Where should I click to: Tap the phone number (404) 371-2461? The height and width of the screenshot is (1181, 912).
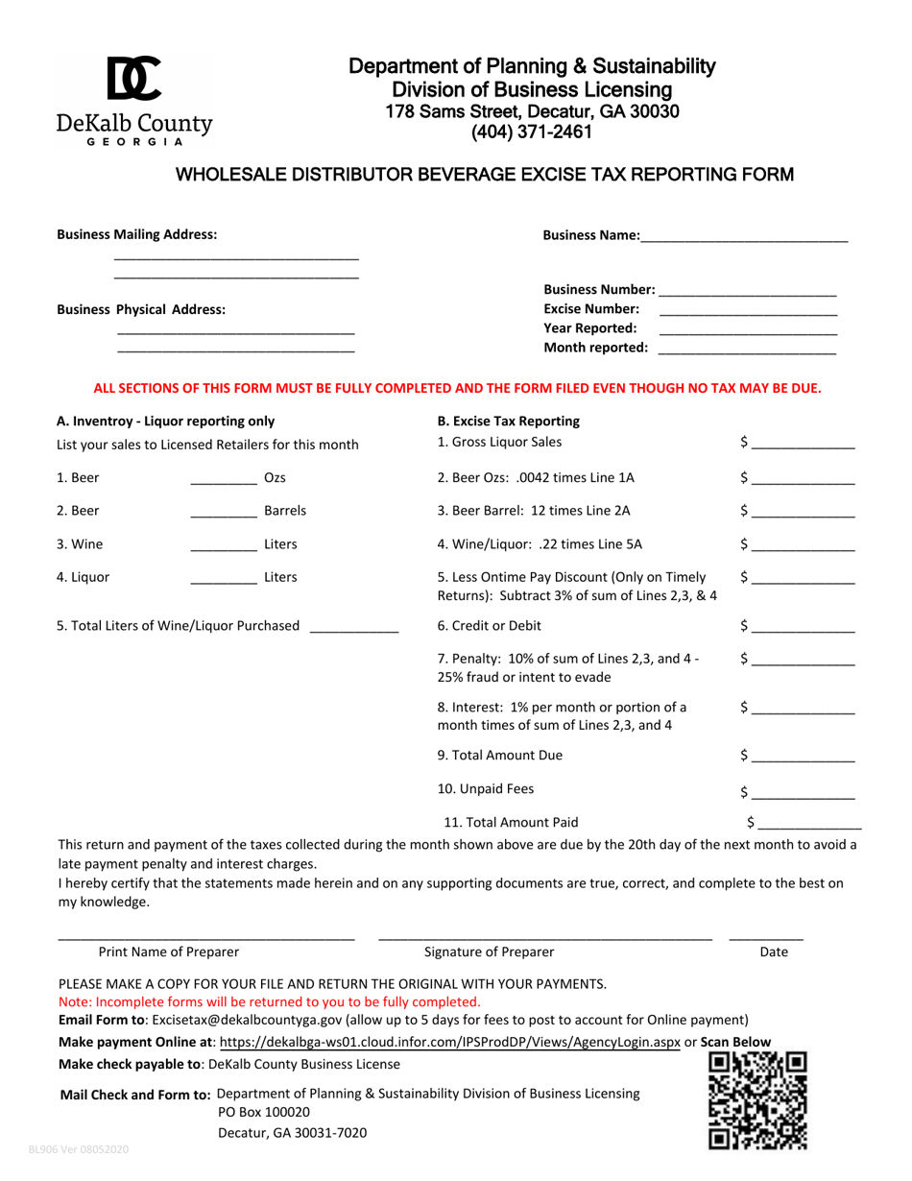click(x=531, y=133)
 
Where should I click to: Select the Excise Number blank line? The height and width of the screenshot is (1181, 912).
click(x=748, y=310)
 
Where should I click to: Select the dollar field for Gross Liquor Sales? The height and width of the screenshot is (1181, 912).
click(x=803, y=444)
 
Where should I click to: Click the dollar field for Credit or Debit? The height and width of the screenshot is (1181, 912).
click(x=803, y=627)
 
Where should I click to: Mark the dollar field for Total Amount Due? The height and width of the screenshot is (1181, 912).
click(x=803, y=757)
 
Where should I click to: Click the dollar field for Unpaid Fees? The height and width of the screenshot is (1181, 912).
click(x=803, y=793)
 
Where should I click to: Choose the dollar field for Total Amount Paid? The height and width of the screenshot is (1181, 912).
click(x=809, y=823)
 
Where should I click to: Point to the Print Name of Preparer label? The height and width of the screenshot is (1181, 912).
click(x=169, y=952)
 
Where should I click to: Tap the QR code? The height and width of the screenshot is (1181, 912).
click(x=757, y=1101)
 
